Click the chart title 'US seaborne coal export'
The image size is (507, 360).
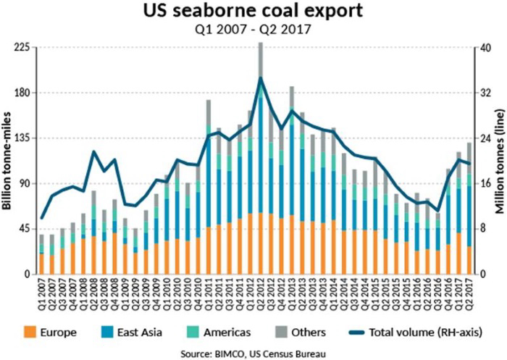click(x=254, y=12)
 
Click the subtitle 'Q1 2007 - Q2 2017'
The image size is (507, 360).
click(x=254, y=31)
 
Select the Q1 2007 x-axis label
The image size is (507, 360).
click(x=42, y=293)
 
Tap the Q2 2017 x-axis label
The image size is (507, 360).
click(x=469, y=293)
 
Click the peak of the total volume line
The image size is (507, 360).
click(x=261, y=78)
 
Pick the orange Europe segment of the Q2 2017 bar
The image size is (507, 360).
click(x=469, y=260)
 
